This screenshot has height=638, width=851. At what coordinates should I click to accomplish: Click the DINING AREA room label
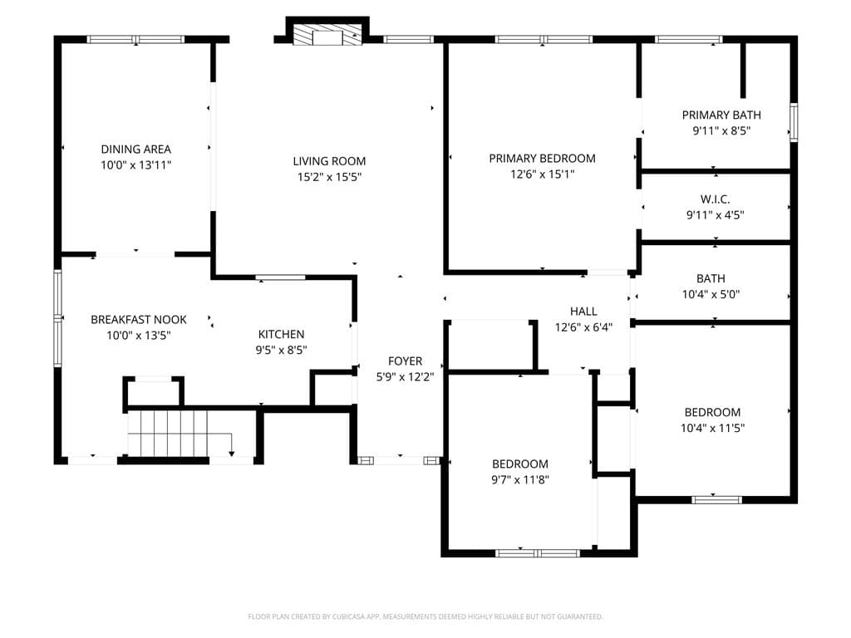tap(135, 150)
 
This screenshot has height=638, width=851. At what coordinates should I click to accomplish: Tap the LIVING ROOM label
tap(329, 161)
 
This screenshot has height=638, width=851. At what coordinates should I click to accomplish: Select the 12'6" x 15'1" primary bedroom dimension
tap(542, 174)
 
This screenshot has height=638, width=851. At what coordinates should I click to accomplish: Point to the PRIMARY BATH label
tap(721, 115)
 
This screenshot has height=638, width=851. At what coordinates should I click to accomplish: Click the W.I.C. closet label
tap(715, 199)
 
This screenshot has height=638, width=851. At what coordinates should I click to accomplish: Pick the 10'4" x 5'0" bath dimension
tap(711, 295)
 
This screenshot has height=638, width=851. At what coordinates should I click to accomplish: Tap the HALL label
tap(583, 312)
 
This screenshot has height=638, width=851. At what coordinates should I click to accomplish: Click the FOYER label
tap(405, 361)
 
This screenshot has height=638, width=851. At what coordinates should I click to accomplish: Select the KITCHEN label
tap(281, 334)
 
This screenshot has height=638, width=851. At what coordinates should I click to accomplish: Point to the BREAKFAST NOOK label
tap(139, 320)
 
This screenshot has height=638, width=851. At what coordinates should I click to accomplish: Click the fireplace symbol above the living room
tap(327, 33)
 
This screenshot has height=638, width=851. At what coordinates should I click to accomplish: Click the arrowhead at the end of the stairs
tap(232, 454)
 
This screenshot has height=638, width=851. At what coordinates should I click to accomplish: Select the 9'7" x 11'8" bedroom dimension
tap(520, 479)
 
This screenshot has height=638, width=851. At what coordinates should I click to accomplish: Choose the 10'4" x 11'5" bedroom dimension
tap(712, 428)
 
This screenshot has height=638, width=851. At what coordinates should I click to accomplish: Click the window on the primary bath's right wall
tap(794, 123)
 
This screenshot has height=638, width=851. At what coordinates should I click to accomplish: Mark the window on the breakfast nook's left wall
tap(57, 318)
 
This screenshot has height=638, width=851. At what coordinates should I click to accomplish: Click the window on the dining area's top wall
tap(135, 39)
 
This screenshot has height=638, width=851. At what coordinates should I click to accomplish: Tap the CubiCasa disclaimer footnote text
tap(425, 616)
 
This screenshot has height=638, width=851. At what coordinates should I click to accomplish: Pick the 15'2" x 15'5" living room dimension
tap(329, 177)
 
